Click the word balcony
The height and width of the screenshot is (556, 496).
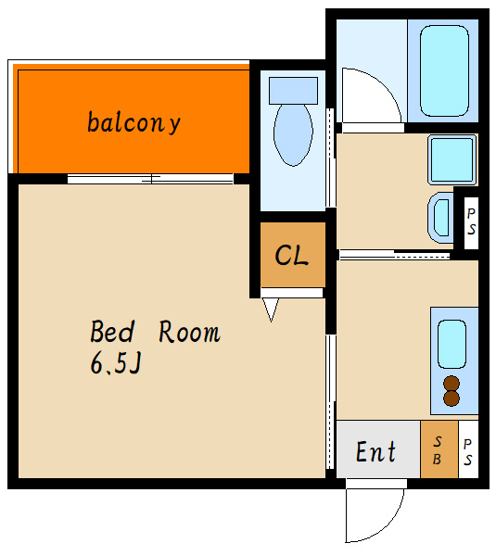(134, 122)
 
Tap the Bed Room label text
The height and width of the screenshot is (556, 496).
(155, 332)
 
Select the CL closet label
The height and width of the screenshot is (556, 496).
(291, 255)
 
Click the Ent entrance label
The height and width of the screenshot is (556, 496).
(375, 451)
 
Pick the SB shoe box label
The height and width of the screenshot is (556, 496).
(438, 450)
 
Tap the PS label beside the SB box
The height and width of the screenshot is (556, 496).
(468, 452)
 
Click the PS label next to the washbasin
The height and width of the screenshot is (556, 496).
(471, 221)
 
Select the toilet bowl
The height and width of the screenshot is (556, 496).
(293, 134)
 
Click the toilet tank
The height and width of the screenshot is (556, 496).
(293, 91)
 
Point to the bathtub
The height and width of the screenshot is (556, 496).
(444, 71)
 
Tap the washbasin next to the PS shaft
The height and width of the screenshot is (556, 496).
(441, 218)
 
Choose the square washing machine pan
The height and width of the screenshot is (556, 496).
(452, 159)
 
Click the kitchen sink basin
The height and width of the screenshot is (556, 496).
(451, 344)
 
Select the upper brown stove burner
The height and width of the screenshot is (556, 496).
(451, 384)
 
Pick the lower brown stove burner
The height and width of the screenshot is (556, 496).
(451, 398)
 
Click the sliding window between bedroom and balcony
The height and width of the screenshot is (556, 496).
(150, 179)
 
